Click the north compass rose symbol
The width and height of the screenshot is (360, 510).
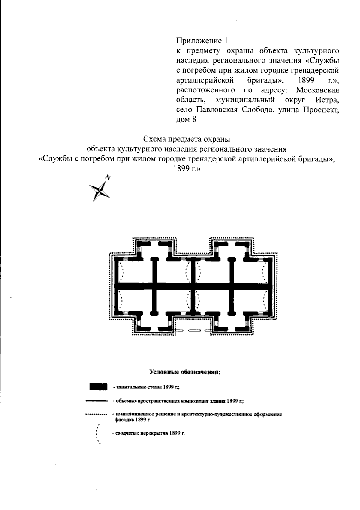tap(99, 191)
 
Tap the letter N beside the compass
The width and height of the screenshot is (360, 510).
tap(108, 177)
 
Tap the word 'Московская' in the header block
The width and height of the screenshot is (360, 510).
tap(318, 90)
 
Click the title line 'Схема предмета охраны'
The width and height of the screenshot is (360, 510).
tap(186, 139)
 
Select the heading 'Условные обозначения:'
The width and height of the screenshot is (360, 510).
tap(185, 373)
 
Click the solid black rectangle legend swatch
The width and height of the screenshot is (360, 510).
tap(98, 386)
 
